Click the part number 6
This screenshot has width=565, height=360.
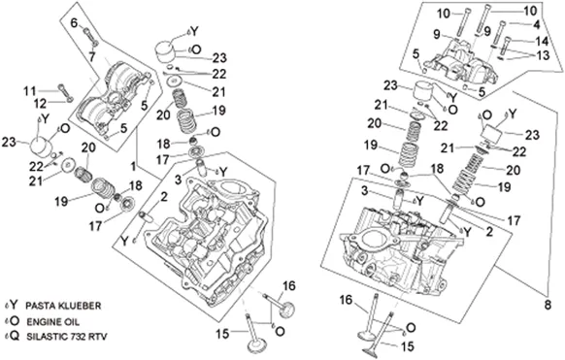pos(74,23)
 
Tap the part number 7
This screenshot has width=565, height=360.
pos(92,57)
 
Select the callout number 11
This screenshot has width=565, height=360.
pos(30,91)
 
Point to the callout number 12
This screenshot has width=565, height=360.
pos(41,104)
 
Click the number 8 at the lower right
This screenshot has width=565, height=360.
pos(548,306)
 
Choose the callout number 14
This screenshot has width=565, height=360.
pos(542,41)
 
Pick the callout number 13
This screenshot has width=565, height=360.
pos(543,55)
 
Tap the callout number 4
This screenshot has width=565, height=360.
pos(537,25)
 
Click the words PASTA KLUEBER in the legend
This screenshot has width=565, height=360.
pos(63,306)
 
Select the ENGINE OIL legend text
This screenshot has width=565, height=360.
pos(53,321)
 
